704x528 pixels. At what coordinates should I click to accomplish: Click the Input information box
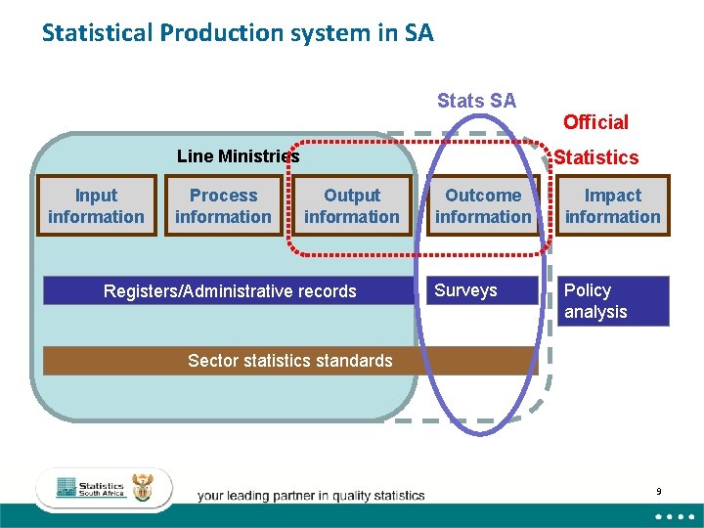click(x=96, y=206)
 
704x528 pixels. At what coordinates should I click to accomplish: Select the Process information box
click(x=223, y=206)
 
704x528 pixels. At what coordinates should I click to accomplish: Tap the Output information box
click(x=352, y=206)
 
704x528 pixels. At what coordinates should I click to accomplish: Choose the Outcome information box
click(x=483, y=206)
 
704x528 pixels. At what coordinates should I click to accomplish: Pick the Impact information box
click(x=613, y=206)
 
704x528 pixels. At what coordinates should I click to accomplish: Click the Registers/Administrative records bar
click(x=230, y=291)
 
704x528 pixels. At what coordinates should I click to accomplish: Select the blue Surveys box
click(x=482, y=290)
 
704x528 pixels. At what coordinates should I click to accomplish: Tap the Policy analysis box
click(x=613, y=301)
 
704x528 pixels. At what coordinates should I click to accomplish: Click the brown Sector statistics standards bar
click(x=289, y=361)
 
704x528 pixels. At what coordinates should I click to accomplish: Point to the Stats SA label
click(x=476, y=101)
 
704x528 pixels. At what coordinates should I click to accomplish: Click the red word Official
click(x=595, y=122)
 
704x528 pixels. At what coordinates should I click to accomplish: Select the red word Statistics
click(x=596, y=157)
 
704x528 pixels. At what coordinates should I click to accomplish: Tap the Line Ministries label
click(x=238, y=156)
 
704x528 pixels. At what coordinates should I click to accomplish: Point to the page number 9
click(x=659, y=492)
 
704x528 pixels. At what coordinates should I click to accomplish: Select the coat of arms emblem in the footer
click(x=144, y=487)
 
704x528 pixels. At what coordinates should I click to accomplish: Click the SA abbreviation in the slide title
click(x=418, y=33)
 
